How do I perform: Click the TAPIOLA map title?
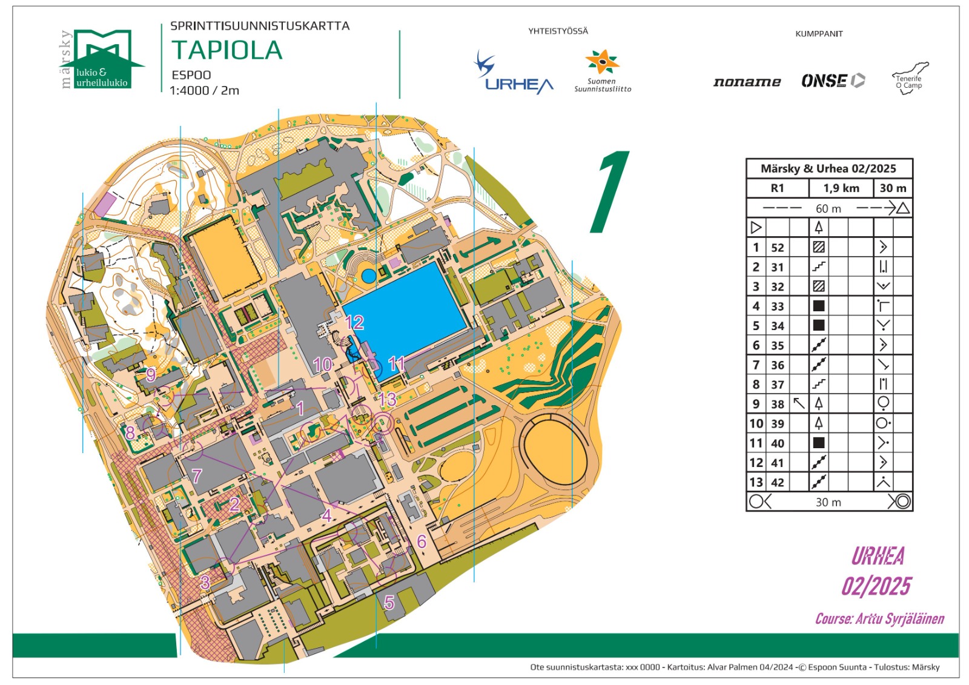(x=227, y=50)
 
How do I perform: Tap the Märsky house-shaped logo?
(x=103, y=59)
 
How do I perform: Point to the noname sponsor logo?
(x=747, y=82)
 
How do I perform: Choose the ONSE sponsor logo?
(x=833, y=81)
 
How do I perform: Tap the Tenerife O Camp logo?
(x=910, y=78)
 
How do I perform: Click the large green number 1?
(x=610, y=192)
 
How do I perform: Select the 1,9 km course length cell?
(x=841, y=188)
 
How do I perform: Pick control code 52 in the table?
(x=778, y=247)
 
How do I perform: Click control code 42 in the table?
(x=778, y=483)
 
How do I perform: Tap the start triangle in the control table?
(x=756, y=228)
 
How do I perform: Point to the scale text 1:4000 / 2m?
(x=204, y=91)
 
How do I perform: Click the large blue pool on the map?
(x=405, y=309)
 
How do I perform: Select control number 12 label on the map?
(x=354, y=322)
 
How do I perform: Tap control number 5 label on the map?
(x=389, y=602)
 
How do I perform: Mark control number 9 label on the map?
(x=151, y=374)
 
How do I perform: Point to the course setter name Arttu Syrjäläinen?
(x=879, y=619)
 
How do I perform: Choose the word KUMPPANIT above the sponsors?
(x=819, y=34)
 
